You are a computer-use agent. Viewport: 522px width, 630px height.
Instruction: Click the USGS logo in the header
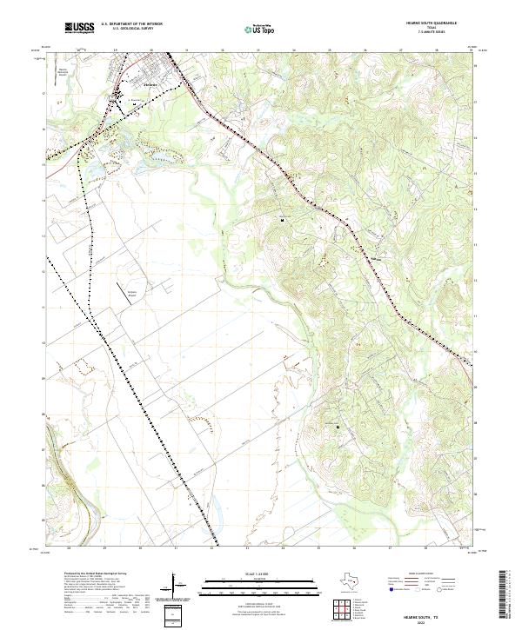(x=80, y=29)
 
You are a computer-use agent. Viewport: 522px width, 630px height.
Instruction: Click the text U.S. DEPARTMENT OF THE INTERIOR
(x=131, y=24)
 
